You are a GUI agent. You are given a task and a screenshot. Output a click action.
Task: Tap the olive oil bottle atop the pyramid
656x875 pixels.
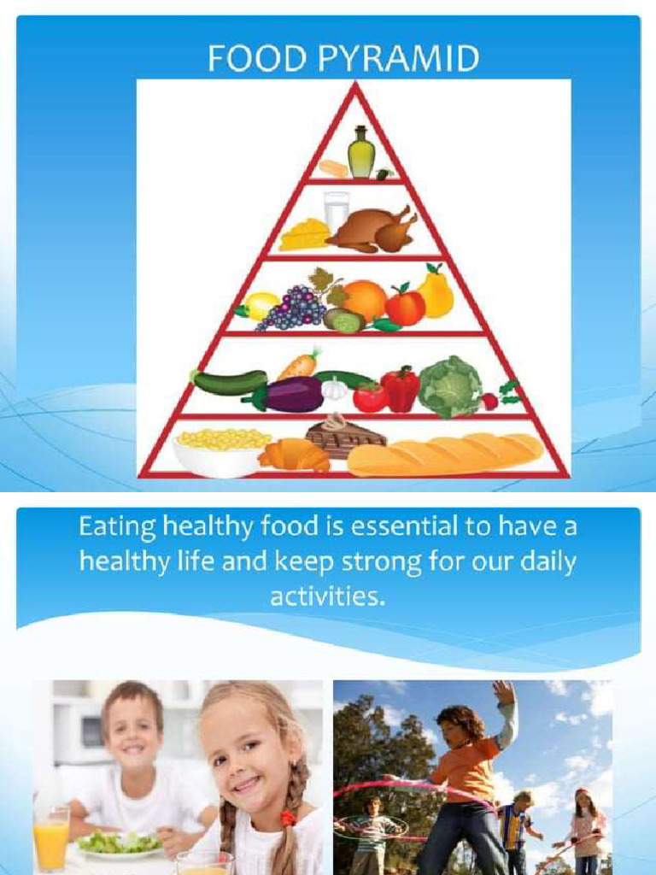coord(360,154)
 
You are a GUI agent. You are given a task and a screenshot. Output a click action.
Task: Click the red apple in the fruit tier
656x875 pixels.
coord(405,306)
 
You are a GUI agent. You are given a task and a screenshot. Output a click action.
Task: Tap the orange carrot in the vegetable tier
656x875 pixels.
coord(298,366)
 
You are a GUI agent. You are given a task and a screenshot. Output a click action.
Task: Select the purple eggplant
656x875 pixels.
coord(286,395)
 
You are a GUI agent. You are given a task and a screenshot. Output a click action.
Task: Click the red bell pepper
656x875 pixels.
coord(400,389)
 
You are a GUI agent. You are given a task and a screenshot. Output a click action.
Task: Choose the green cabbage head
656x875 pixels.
coord(450,386)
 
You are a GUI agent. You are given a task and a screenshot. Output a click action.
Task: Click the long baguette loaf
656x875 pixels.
coord(445,454)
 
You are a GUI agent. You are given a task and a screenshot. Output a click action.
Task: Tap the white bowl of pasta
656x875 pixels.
coord(220,451)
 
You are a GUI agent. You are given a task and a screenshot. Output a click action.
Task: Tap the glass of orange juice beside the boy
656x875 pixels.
coord(51,839)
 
